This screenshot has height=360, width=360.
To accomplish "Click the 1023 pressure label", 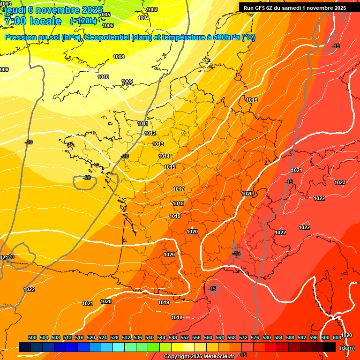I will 340,182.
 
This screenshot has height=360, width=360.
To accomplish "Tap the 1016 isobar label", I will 252,100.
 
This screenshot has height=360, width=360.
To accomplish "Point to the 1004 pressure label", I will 143,18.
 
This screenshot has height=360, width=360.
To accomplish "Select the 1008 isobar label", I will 119,57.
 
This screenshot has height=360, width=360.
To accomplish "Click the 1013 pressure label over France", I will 157,144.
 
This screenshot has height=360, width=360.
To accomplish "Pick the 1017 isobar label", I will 179,189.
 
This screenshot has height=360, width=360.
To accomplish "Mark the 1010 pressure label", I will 103,77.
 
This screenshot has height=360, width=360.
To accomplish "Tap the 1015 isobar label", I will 170,167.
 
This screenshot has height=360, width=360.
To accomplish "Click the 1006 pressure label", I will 108,25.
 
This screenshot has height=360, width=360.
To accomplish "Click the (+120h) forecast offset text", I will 83,21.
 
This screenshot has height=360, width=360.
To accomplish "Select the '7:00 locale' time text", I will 32,21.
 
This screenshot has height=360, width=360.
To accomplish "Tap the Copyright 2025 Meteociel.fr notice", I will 199,356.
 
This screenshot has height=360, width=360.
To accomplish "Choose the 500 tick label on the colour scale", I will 32,337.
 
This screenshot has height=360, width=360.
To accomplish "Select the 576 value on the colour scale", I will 255,337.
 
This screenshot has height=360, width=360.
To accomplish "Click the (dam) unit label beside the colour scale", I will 347,348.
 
